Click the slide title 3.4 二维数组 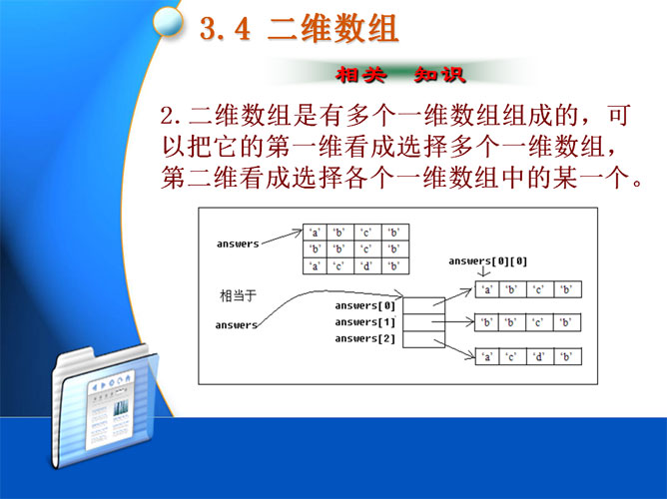point(299,29)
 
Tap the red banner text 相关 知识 point(400,75)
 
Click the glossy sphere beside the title point(168,21)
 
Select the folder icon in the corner point(105,407)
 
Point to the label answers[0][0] point(488,260)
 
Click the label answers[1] point(365,322)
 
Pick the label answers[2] point(365,338)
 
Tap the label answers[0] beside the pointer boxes point(365,305)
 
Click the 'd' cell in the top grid point(367,266)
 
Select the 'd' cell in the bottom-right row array point(540,356)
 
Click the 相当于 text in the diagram point(239,295)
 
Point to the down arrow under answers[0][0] point(483,271)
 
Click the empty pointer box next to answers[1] point(423,322)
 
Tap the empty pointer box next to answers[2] point(423,339)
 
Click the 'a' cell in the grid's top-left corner point(315,233)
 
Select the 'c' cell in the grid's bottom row point(340,266)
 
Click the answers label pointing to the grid point(238,244)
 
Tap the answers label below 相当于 point(236,325)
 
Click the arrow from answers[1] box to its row point(453,322)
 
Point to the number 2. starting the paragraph point(170,116)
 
